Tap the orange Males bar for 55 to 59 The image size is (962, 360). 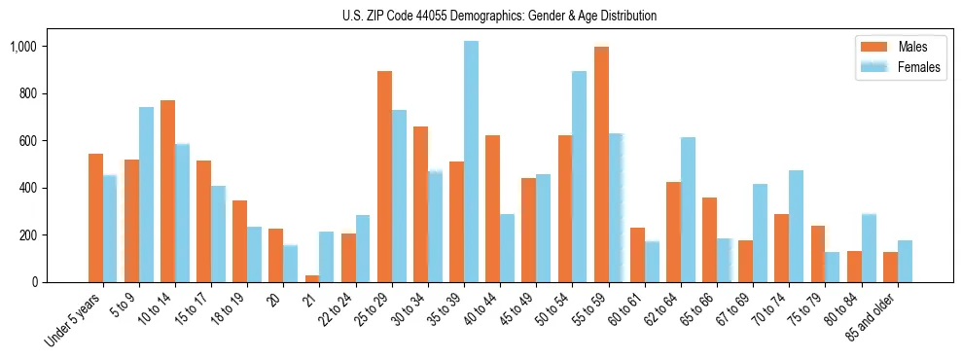pyautogui.click(x=601, y=164)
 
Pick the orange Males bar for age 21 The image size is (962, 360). pyautogui.click(x=312, y=279)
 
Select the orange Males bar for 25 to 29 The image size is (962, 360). pyautogui.click(x=384, y=176)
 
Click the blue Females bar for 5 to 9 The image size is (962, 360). pyautogui.click(x=146, y=195)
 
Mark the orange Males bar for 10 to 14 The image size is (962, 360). pyautogui.click(x=167, y=191)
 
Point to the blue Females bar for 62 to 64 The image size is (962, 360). pyautogui.click(x=688, y=209)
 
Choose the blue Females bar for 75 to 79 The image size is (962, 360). pyautogui.click(x=832, y=267)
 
